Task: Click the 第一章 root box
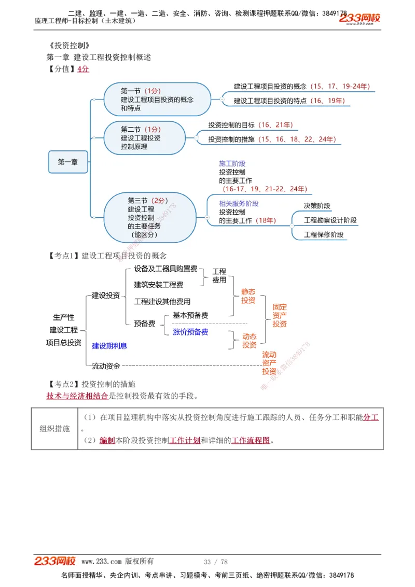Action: pos(68,162)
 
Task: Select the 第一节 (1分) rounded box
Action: pos(157,99)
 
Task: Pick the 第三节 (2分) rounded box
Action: pos(150,217)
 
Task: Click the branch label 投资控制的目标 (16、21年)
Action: pos(251,125)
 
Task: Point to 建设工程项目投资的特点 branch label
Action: pos(289,101)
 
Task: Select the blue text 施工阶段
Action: pos(232,163)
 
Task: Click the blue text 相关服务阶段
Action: pos(239,203)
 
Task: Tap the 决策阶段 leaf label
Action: pos(317,206)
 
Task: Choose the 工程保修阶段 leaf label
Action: pos(324,234)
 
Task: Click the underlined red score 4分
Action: pos(83,69)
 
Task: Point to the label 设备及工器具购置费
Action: pos(165,269)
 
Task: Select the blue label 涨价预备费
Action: pos(190,332)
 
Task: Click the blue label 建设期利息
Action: pos(109,345)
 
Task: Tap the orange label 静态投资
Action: pos(248,296)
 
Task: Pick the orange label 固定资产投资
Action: pos(280,315)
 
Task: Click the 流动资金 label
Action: pos(106,366)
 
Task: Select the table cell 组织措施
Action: pos(54,428)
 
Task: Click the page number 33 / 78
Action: pos(216,562)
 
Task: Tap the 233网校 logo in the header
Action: pos(359,19)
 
